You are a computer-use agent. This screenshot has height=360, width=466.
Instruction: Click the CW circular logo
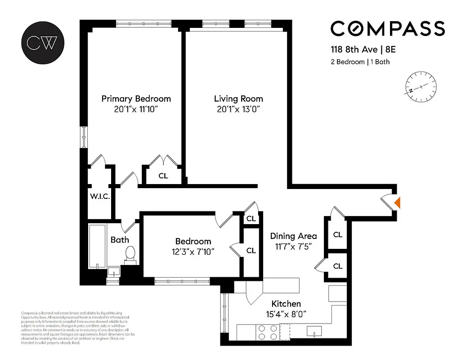tap(42, 42)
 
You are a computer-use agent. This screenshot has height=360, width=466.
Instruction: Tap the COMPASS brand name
tap(388, 28)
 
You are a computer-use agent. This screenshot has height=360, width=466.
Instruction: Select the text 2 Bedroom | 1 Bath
tap(360, 62)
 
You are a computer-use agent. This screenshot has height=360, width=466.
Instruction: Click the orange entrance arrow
tap(397, 203)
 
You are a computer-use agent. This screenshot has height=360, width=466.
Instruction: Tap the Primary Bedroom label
tap(136, 99)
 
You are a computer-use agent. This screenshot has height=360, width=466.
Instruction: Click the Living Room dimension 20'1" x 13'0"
tap(238, 109)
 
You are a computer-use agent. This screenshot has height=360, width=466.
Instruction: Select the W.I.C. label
tap(99, 196)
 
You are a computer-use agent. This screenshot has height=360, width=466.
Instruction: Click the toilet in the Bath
tap(130, 253)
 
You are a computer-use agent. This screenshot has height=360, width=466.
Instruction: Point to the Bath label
tap(120, 240)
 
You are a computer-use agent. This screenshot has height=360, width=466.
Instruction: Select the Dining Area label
tap(293, 236)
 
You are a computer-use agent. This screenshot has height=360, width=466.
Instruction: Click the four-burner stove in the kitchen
tap(267, 332)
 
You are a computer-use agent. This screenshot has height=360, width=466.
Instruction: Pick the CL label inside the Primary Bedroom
tap(163, 176)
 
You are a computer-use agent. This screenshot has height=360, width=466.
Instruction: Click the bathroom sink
tap(113, 271)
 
